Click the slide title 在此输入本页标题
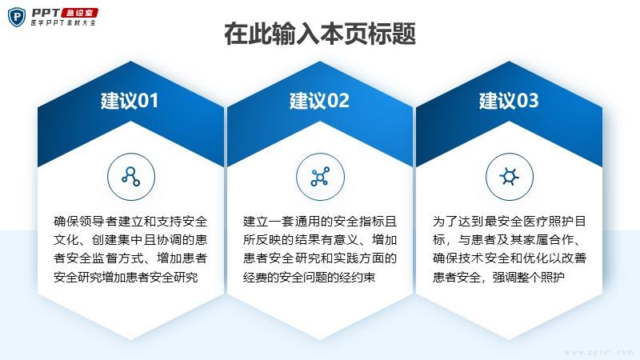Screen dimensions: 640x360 click(320, 34)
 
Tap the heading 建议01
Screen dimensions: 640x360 click(130, 101)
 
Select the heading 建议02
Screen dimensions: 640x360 click(319, 101)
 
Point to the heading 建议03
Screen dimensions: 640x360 click(509, 101)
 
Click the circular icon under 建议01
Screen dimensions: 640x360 click(131, 177)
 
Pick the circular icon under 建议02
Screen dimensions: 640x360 click(320, 177)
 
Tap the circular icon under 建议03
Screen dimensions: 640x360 click(510, 177)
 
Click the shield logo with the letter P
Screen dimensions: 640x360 click(16, 17)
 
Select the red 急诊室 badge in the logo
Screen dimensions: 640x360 click(79, 13)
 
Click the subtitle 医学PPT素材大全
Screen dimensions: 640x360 click(63, 23)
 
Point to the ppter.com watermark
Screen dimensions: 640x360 click(599, 352)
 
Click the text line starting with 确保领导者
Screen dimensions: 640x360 click(130, 222)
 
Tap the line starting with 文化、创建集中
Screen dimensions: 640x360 click(130, 239)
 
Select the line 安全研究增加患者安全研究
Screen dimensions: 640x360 click(126, 277)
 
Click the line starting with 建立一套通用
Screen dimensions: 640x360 click(320, 222)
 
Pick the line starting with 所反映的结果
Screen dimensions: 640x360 click(320, 239)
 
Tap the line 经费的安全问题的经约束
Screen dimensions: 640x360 click(309, 277)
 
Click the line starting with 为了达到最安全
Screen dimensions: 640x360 click(510, 222)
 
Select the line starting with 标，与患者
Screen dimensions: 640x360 click(507, 239)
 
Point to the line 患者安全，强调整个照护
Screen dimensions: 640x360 click(498, 277)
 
